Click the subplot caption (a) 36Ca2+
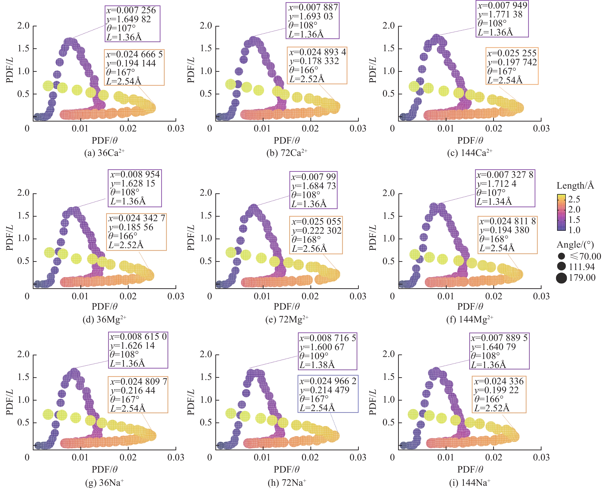(104, 153)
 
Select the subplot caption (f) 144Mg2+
(470, 319)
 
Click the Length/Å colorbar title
(575, 186)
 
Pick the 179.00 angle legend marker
(561, 278)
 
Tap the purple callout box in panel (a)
(132, 24)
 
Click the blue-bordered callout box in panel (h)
(328, 394)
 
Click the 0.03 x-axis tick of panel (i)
(541, 458)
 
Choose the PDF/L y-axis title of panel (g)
(10, 402)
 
